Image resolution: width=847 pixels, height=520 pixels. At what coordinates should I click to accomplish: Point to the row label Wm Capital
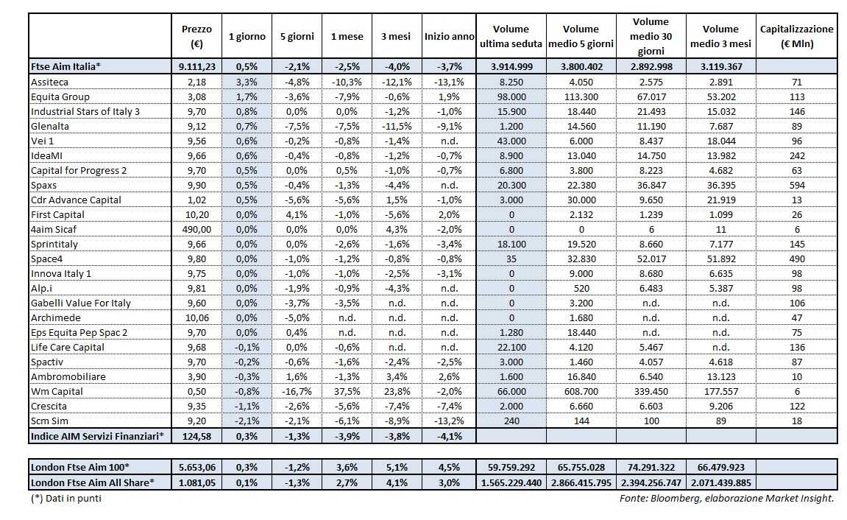coord(57,391)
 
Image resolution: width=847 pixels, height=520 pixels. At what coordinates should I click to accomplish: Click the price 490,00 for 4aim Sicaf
coord(196,229)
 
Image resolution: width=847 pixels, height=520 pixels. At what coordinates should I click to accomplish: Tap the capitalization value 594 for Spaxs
coord(796,185)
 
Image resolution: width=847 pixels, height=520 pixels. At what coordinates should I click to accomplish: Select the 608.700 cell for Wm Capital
coord(581,391)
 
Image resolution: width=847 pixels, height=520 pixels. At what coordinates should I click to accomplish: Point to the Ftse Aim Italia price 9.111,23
coord(196,66)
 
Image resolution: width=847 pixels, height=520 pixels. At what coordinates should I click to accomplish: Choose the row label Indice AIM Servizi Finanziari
coord(97,436)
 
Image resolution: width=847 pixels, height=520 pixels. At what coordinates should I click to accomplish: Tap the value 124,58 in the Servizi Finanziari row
coord(196,436)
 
